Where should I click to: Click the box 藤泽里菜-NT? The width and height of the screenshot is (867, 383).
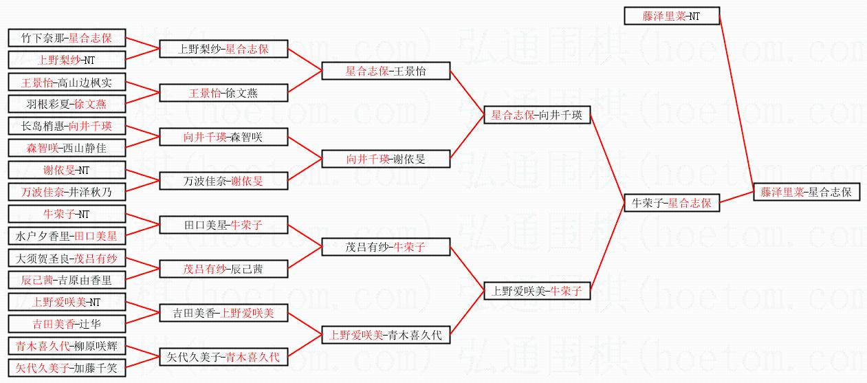(672, 16)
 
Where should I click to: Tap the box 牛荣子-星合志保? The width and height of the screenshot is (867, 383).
(672, 203)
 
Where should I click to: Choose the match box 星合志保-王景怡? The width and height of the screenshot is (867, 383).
(387, 71)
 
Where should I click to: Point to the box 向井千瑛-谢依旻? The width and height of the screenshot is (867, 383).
(387, 159)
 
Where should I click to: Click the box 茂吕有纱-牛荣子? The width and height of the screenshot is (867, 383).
(387, 247)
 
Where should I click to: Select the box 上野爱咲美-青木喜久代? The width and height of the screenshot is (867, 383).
(387, 336)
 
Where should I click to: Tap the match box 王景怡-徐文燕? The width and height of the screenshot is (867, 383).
(223, 93)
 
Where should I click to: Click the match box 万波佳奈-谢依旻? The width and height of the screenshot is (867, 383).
(223, 181)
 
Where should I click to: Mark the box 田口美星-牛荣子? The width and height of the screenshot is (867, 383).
(223, 225)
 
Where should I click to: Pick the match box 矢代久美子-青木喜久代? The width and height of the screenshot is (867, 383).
(223, 357)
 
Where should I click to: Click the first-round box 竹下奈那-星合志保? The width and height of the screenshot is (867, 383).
(67, 38)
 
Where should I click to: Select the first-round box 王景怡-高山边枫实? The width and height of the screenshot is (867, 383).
(67, 83)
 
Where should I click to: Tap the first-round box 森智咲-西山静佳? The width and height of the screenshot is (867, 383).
(67, 148)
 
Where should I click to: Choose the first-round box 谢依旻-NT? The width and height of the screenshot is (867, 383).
(67, 170)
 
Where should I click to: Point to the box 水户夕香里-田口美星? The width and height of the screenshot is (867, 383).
(67, 236)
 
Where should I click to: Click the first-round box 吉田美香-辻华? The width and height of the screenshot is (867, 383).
(67, 324)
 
